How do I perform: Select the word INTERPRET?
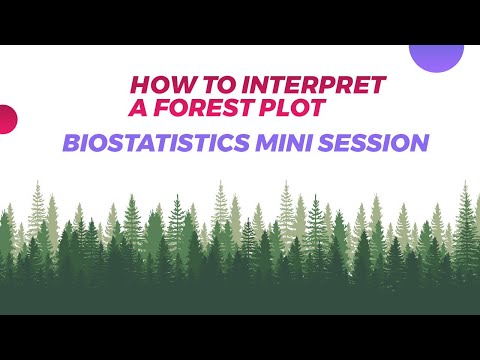pyautogui.click(x=314, y=85)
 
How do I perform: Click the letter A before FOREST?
pyautogui.click(x=138, y=107)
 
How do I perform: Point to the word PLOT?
pyautogui.click(x=291, y=107)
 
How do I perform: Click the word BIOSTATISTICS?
pyautogui.click(x=156, y=143)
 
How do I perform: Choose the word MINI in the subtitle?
pyautogui.click(x=284, y=143)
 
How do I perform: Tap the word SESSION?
pyautogui.click(x=374, y=143)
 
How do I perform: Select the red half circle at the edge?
pyautogui.click(x=7, y=119)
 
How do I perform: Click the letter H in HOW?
pyautogui.click(x=140, y=85)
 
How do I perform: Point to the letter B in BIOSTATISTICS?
pyautogui.click(x=71, y=143)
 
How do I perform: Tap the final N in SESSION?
pyautogui.click(x=419, y=143)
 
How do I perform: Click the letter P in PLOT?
pyautogui.click(x=267, y=107)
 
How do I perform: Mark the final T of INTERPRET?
pyautogui.click(x=378, y=85)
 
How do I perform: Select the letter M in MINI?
pyautogui.click(x=267, y=143)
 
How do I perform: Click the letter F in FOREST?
pyautogui.click(x=161, y=107)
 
